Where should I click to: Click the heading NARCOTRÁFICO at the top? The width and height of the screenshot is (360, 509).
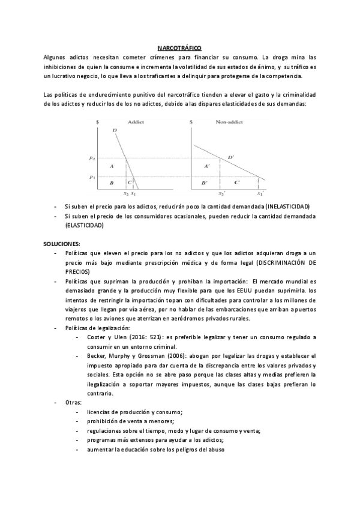click(x=179, y=46)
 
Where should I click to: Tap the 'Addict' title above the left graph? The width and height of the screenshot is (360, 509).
click(x=136, y=122)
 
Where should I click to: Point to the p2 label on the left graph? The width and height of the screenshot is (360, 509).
click(x=92, y=158)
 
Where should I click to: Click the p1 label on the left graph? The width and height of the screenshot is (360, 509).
click(x=92, y=177)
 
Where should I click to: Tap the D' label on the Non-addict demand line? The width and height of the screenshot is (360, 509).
click(x=231, y=157)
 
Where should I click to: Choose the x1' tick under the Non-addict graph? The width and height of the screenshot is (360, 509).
click(x=260, y=194)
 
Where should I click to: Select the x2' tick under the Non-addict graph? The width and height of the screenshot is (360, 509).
click(x=221, y=194)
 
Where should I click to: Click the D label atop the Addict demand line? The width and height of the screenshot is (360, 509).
click(x=115, y=130)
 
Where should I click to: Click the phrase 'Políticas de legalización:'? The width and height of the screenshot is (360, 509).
click(x=97, y=328)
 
